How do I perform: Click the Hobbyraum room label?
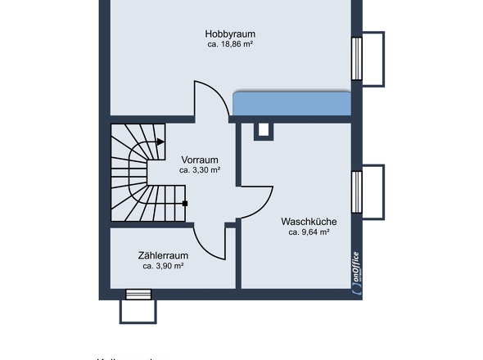(228, 34)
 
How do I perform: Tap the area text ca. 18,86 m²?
(229, 44)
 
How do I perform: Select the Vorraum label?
(200, 160)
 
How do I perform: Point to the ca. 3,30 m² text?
(200, 171)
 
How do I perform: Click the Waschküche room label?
(309, 221)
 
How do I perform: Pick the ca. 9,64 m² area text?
(309, 232)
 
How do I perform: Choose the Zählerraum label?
(163, 254)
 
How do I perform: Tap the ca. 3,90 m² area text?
(163, 266)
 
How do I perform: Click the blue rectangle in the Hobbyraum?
(292, 104)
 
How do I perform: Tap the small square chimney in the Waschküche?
(264, 130)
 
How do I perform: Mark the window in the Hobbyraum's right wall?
(357, 59)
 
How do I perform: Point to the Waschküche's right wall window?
(357, 191)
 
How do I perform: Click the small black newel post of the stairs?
(186, 203)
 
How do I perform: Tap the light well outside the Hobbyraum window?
(373, 59)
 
